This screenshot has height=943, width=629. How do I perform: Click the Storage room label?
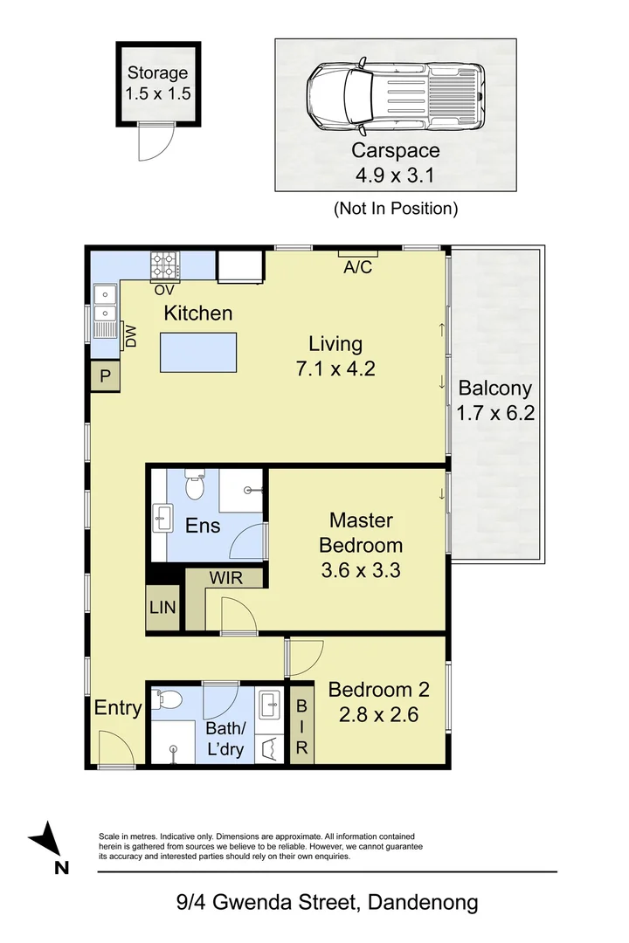tap(158, 72)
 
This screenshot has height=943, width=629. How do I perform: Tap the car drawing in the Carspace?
tap(396, 96)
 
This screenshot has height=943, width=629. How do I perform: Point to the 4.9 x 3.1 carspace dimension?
tap(395, 175)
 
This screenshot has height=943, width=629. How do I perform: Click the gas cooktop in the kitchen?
tap(164, 265)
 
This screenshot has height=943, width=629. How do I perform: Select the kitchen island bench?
tap(198, 352)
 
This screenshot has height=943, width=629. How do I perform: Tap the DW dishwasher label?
tap(131, 336)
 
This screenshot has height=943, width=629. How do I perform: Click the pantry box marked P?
tap(106, 375)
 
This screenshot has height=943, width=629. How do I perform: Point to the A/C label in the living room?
tap(358, 267)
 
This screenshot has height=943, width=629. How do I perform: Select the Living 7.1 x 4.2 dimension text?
tap(335, 368)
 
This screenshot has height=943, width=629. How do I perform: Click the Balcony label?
tap(494, 388)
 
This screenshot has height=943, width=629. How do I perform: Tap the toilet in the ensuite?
tap(195, 484)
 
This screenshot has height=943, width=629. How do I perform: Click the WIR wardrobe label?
tap(225, 578)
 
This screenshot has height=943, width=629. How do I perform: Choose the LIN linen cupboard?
tap(162, 608)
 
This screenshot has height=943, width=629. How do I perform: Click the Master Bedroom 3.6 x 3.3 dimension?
tap(361, 569)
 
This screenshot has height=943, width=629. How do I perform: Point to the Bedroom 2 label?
tap(378, 689)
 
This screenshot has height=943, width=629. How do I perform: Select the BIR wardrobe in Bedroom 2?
tap(301, 726)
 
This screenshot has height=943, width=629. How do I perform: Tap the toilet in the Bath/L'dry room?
tap(167, 699)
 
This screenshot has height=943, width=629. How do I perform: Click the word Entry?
tap(117, 708)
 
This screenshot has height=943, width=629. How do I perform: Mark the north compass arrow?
tap(46, 838)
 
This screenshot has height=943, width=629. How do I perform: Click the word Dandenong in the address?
tap(423, 902)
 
